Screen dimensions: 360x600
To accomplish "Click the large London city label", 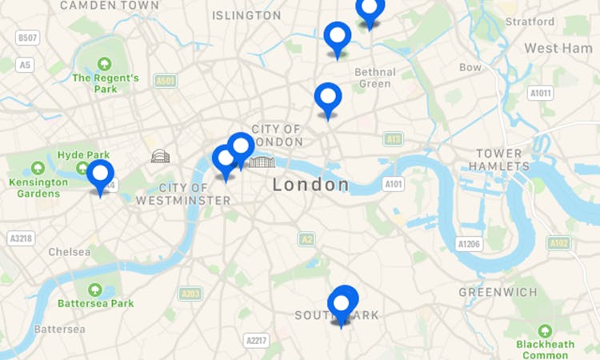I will pyautogui.click(x=310, y=185).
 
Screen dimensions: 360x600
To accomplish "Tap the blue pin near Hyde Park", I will pyautogui.click(x=100, y=174).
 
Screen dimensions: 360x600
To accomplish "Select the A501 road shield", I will pyautogui.click(x=166, y=81).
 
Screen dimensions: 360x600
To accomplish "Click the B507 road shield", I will pyautogui.click(x=28, y=38).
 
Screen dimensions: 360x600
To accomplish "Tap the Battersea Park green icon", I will pyautogui.click(x=95, y=290).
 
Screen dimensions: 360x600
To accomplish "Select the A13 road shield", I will pyautogui.click(x=393, y=139).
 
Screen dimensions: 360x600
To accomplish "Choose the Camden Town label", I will pyautogui.click(x=110, y=6).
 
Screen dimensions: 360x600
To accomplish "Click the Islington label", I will pyautogui.click(x=246, y=15).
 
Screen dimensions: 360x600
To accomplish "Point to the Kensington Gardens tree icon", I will pyautogui.click(x=38, y=168).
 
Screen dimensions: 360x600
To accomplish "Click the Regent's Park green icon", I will pyautogui.click(x=104, y=64).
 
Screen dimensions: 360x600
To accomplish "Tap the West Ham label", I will pyautogui.click(x=558, y=49).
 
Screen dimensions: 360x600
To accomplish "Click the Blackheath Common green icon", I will pyautogui.click(x=545, y=330).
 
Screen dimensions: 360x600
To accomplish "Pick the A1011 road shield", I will pyautogui.click(x=541, y=94).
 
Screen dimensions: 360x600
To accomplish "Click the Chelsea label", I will pyautogui.click(x=69, y=252).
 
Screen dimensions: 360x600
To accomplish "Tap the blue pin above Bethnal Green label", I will pyautogui.click(x=338, y=37).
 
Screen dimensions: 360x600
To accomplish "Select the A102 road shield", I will pyautogui.click(x=558, y=242).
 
